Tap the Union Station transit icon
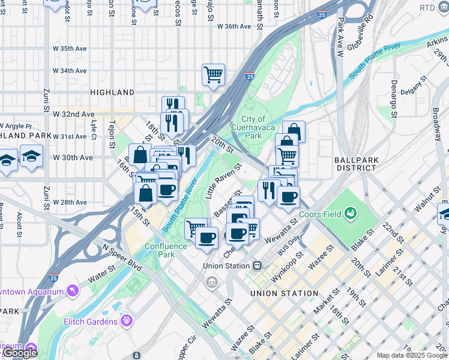point(257,265)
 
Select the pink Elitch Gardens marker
point(126,322)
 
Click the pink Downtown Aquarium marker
point(73,291)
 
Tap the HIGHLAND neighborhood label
point(112,92)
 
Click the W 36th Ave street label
point(234,26)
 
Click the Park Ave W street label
point(340,37)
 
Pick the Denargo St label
point(394,94)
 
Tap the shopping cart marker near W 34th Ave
point(213,74)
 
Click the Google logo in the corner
point(20,353)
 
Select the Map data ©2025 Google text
point(412,355)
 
